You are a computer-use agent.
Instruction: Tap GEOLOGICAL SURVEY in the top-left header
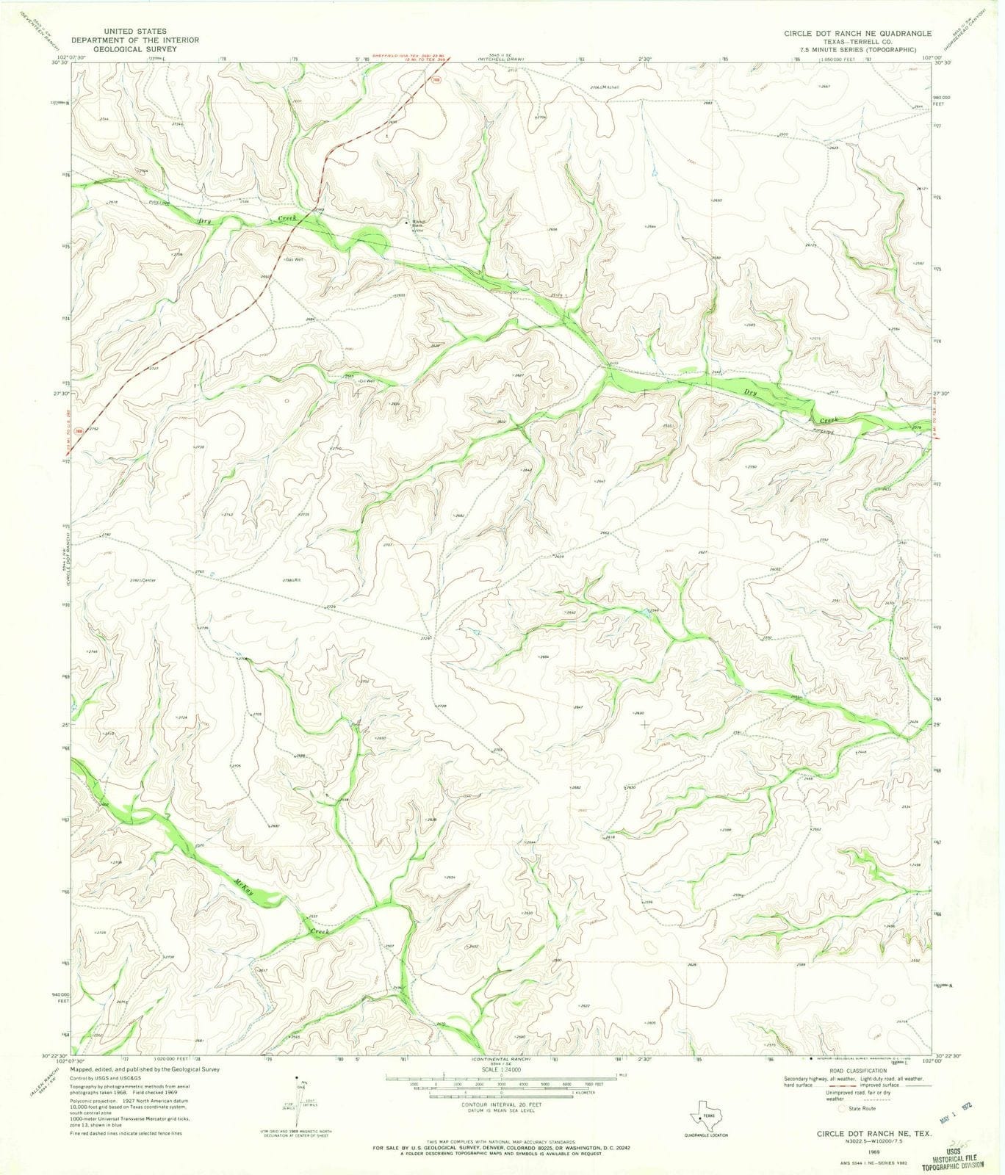[x=124, y=49]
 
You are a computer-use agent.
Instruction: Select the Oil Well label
[x=365, y=381]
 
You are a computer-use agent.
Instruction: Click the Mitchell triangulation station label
[x=609, y=87]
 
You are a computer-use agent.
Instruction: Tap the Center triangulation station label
[x=149, y=580]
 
